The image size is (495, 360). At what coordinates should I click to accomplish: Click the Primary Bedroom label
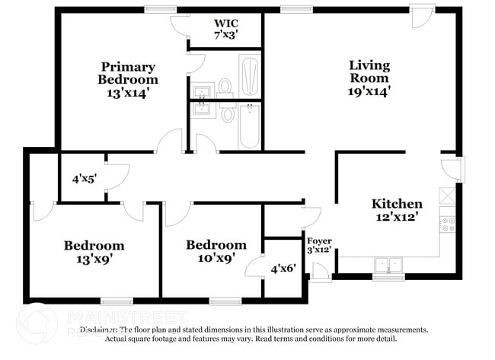128,79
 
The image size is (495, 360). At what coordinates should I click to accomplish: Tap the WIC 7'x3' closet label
227,29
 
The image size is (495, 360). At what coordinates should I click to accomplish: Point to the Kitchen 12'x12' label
396,211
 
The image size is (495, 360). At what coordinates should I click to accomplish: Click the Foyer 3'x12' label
318,245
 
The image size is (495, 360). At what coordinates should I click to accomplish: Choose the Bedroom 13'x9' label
94,252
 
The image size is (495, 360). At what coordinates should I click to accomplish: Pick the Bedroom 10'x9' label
216,252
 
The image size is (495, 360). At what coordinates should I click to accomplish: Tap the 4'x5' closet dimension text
84,180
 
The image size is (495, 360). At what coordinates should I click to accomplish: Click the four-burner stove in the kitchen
448,224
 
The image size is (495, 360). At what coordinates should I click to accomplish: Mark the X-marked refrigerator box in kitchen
448,194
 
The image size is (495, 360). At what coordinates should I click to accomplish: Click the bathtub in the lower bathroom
250,126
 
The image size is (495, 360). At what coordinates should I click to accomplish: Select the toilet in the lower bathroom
228,114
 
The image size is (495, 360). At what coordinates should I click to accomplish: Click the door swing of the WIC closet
180,24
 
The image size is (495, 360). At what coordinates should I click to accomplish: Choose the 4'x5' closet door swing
116,177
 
